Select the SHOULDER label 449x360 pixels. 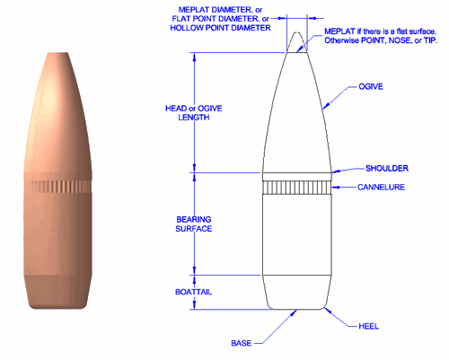[387, 168]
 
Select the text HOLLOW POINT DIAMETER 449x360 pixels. [220, 28]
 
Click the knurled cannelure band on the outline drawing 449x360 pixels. [297, 187]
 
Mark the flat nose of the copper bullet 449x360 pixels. [63, 53]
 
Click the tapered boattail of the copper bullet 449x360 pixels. [63, 291]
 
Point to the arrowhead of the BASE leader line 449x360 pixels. [295, 313]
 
